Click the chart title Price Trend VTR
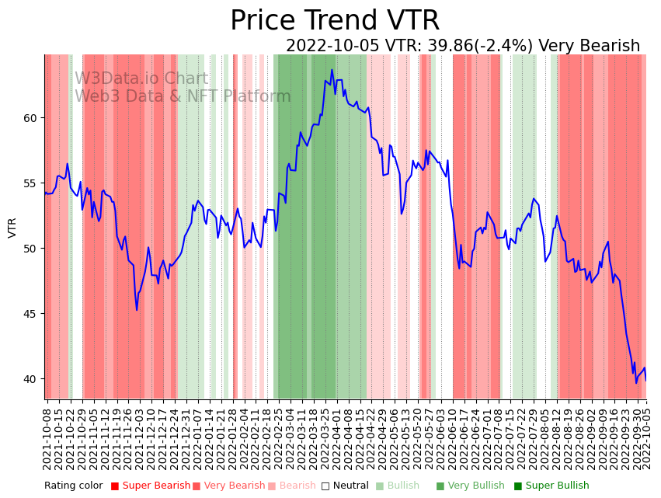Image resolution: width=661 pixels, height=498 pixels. (x=334, y=21)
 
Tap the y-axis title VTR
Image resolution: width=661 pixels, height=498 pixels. (x=12, y=227)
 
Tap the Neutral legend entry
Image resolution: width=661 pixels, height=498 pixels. (x=346, y=486)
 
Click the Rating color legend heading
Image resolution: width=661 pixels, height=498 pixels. (x=73, y=486)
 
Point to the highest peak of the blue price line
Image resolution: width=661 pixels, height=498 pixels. (x=332, y=70)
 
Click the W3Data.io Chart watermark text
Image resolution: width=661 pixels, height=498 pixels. (x=141, y=79)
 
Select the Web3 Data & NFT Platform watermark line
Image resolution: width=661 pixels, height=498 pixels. (x=183, y=96)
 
